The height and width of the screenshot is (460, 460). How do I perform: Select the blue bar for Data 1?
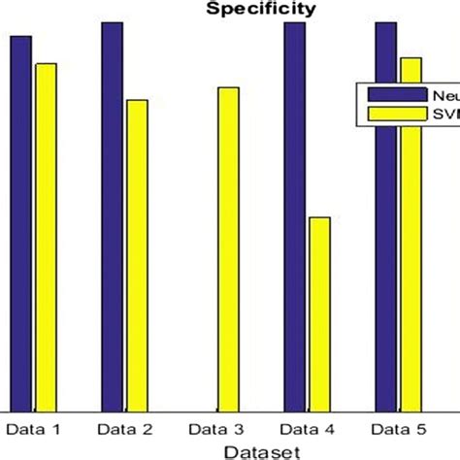pyautogui.click(x=21, y=223)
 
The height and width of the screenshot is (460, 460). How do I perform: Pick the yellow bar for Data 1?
pyautogui.click(x=46, y=238)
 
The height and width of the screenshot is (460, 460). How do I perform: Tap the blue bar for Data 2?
pyautogui.click(x=113, y=216)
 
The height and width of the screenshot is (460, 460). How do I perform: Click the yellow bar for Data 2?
pyautogui.click(x=137, y=255)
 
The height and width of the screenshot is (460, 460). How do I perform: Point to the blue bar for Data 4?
pyautogui.click(x=295, y=216)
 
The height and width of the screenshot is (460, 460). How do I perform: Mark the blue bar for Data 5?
pyautogui.click(x=386, y=216)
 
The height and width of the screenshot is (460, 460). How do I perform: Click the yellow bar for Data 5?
pyautogui.click(x=411, y=234)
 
